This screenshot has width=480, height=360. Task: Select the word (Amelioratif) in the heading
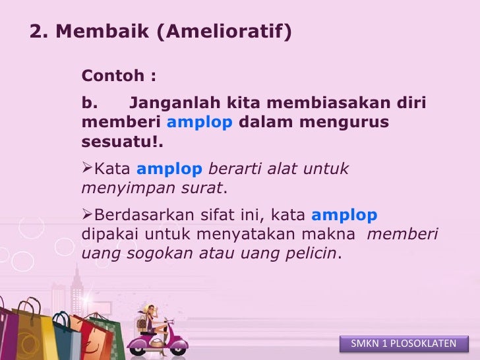coord(224,32)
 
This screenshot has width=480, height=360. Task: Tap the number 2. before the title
coord(38,32)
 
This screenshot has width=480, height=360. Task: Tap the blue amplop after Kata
coord(169,169)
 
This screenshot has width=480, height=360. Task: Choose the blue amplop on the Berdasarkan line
coord(344,216)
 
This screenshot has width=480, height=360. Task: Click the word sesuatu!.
coord(123,142)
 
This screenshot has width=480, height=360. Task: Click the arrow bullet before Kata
coord(87,169)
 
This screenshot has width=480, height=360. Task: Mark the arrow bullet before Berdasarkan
coord(87,216)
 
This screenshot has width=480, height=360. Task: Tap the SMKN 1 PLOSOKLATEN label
coord(404,344)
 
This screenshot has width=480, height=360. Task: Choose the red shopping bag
coord(86,340)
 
